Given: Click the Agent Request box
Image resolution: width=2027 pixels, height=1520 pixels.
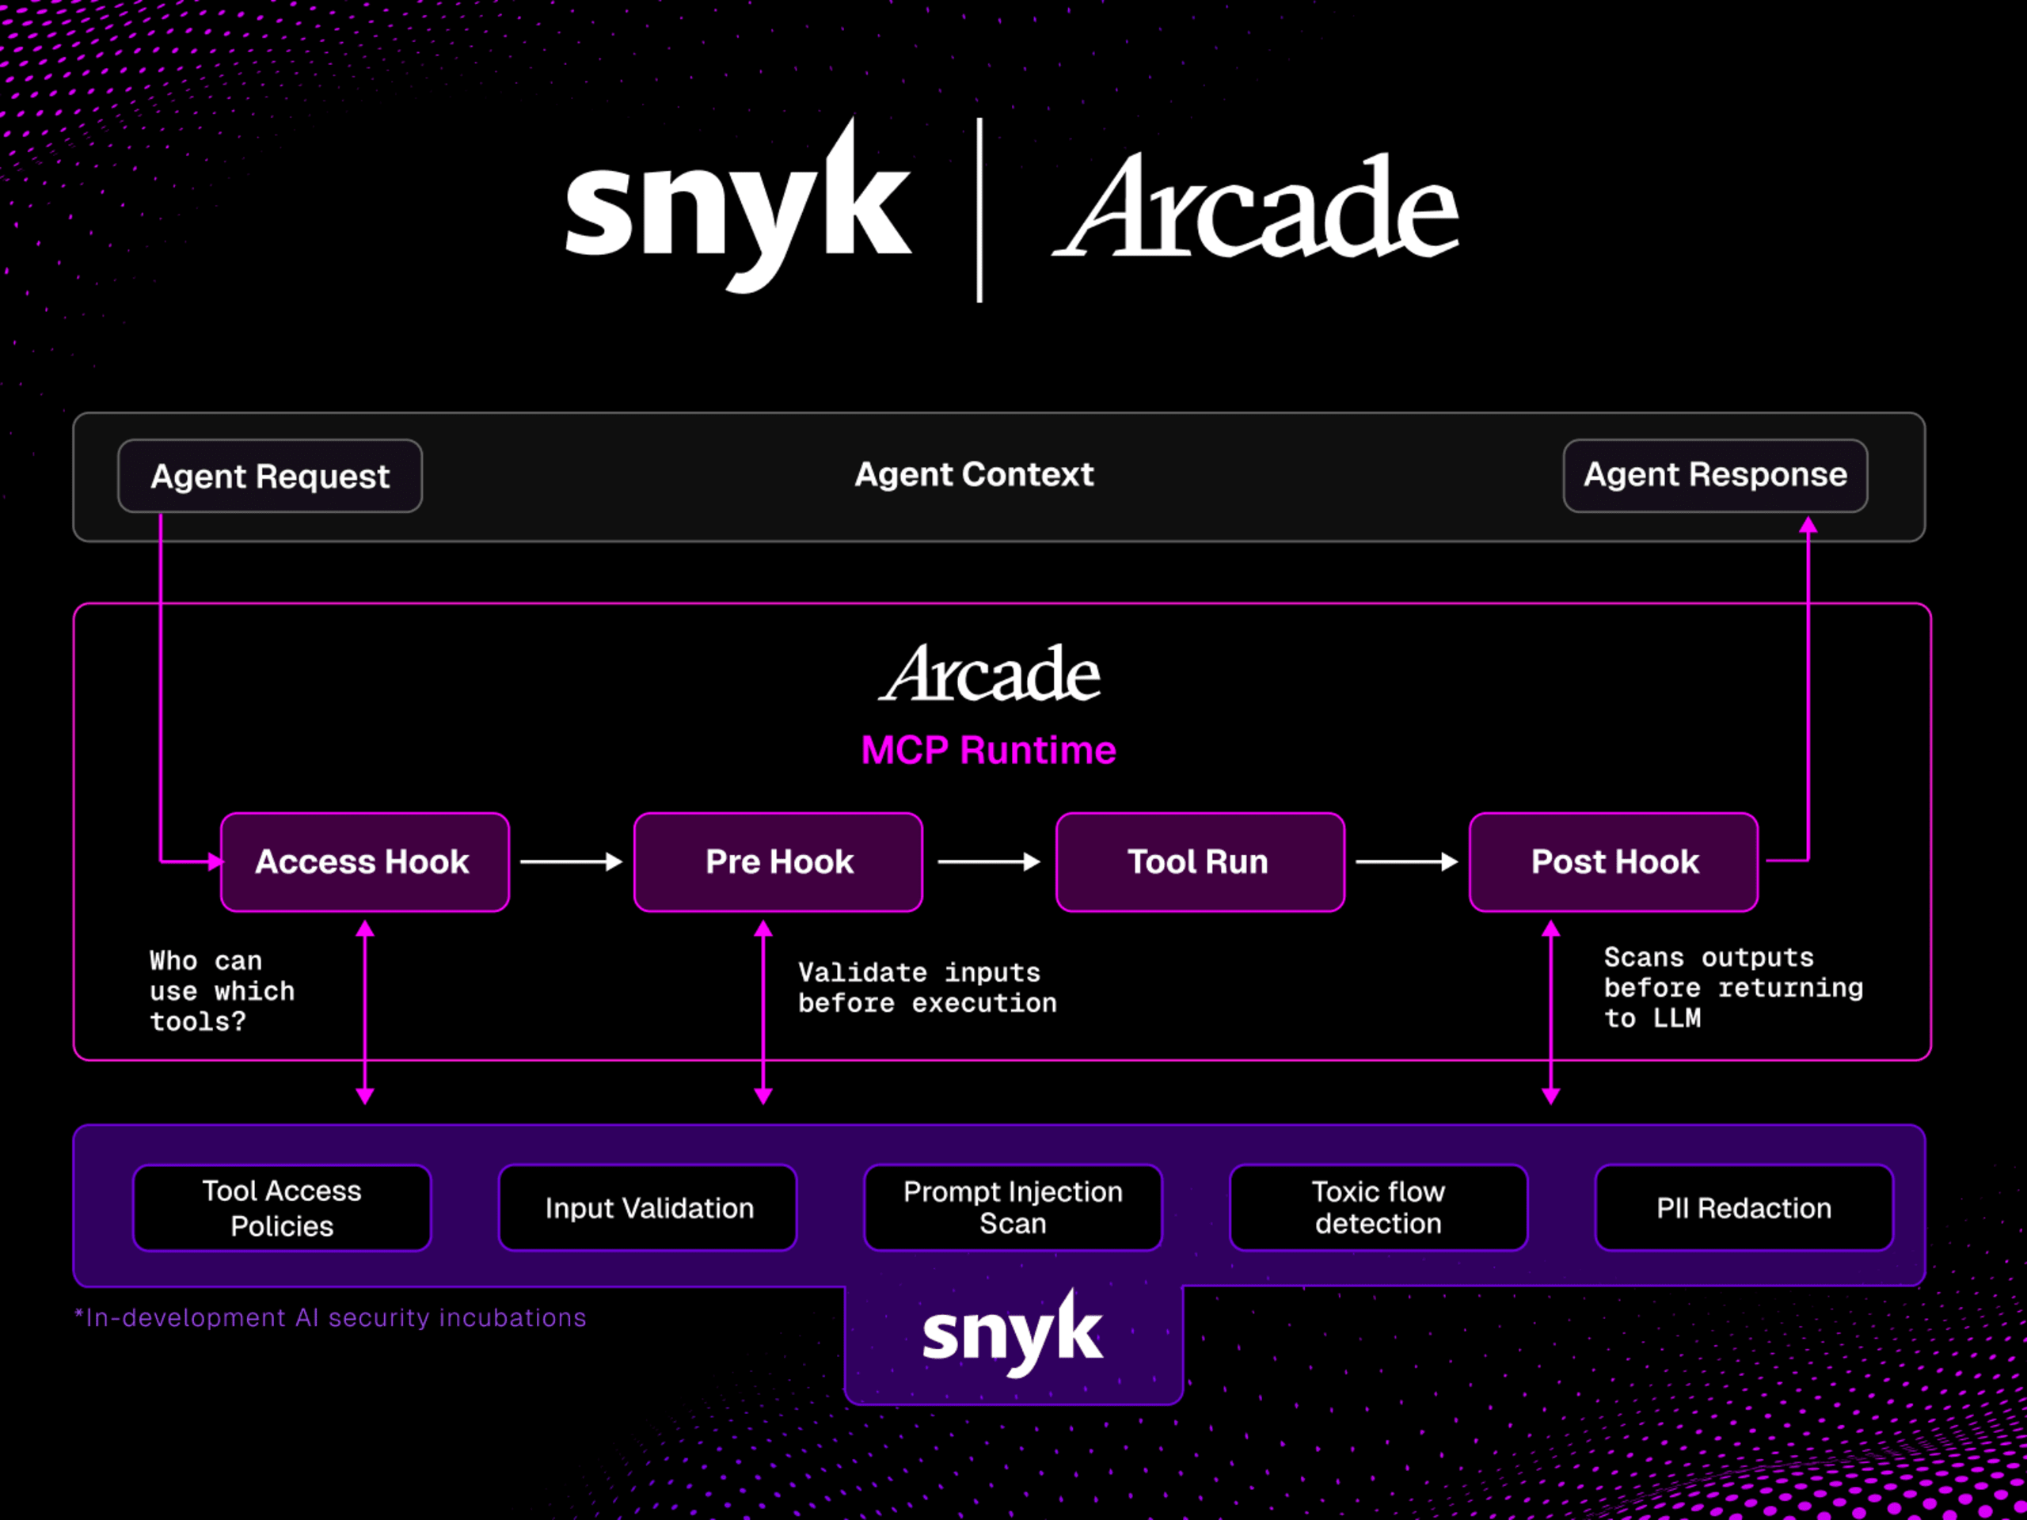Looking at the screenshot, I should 269,476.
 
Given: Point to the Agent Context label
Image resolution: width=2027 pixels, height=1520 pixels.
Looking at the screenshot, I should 974,474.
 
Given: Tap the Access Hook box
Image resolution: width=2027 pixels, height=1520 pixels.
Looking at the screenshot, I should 365,862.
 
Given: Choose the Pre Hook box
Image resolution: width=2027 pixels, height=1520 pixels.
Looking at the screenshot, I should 778,862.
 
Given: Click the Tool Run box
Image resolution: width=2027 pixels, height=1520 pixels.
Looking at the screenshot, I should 1200,862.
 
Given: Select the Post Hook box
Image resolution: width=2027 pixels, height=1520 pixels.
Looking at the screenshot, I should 1613,862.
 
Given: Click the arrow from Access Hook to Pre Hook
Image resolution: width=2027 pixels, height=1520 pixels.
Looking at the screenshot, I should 571,862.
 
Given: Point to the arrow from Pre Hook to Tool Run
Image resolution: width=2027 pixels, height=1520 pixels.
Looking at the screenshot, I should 989,862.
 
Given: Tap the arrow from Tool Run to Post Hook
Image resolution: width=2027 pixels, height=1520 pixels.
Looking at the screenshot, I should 1406,862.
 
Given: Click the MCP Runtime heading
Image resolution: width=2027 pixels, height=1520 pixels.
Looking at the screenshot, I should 988,750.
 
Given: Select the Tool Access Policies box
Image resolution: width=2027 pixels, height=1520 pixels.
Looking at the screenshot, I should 282,1207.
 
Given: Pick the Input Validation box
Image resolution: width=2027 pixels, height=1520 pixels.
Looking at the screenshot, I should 648,1207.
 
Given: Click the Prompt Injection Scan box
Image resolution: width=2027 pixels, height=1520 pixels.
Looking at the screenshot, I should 1013,1207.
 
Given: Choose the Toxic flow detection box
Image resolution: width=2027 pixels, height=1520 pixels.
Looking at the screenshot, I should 1379,1207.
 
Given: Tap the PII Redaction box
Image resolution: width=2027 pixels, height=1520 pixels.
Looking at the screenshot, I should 1744,1207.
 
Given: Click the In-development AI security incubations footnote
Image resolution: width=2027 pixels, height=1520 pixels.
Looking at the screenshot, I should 330,1317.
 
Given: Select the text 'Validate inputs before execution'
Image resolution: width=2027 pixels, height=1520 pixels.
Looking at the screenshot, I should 926,988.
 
